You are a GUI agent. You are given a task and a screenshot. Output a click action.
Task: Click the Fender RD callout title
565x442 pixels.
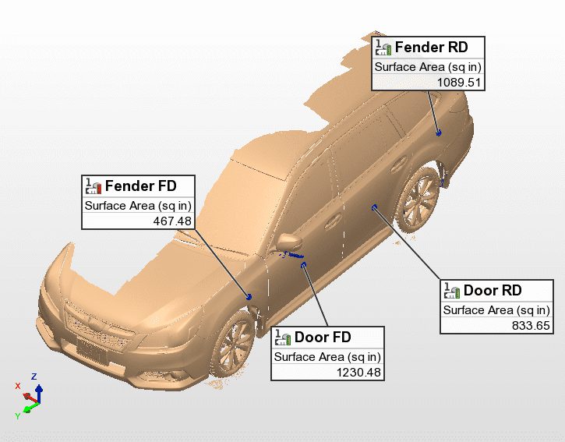click(x=431, y=48)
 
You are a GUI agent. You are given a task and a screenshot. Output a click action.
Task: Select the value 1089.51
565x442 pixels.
click(x=459, y=82)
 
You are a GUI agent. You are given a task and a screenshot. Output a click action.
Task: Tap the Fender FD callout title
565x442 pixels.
click(x=140, y=186)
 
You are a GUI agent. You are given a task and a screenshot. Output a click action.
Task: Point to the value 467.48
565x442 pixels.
click(x=172, y=221)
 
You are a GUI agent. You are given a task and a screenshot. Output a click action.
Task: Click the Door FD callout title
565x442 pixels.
click(x=323, y=338)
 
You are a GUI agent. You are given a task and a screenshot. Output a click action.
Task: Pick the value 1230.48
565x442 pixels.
click(x=357, y=372)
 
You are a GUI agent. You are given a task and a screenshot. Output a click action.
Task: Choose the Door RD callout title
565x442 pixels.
click(x=493, y=291)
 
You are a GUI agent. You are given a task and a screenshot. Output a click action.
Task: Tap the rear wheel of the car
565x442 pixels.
click(x=419, y=198)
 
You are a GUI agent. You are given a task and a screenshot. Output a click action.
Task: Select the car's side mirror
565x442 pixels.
click(x=287, y=243)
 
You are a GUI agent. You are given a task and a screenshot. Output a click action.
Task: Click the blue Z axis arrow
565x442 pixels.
click(x=38, y=387)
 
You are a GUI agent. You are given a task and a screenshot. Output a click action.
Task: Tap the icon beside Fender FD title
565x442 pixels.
click(x=94, y=186)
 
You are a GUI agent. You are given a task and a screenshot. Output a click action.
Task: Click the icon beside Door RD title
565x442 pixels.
click(x=452, y=291)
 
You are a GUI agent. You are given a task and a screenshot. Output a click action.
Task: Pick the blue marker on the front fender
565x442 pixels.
click(x=249, y=296)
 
